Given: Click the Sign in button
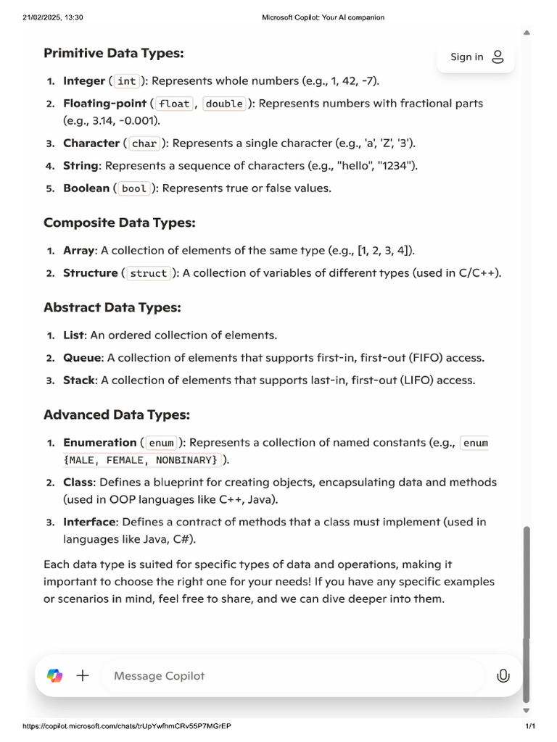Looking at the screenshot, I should tap(476, 57).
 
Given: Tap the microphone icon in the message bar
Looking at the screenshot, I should tap(503, 676).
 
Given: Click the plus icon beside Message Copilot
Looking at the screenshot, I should tap(83, 676).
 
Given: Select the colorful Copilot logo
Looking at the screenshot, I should tap(55, 676).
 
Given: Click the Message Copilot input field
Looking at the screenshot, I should tap(290, 676).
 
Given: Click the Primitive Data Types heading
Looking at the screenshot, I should tap(113, 53).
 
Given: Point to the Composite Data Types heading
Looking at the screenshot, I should tap(119, 222).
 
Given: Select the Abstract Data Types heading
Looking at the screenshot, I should tap(112, 307).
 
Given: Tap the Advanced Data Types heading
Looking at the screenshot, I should tap(116, 415).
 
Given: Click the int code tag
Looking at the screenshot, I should tap(127, 81).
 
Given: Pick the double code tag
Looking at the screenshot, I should tap(224, 104).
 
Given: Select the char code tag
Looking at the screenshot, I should tap(144, 143).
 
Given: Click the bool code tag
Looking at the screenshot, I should tap(134, 188).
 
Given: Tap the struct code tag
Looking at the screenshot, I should tap(149, 273).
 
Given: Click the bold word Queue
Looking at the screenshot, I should tap(83, 358).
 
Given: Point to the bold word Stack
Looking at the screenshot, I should tap(80, 380).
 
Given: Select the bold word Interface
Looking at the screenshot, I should tap(89, 522).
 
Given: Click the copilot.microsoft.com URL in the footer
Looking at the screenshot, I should tap(127, 726).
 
